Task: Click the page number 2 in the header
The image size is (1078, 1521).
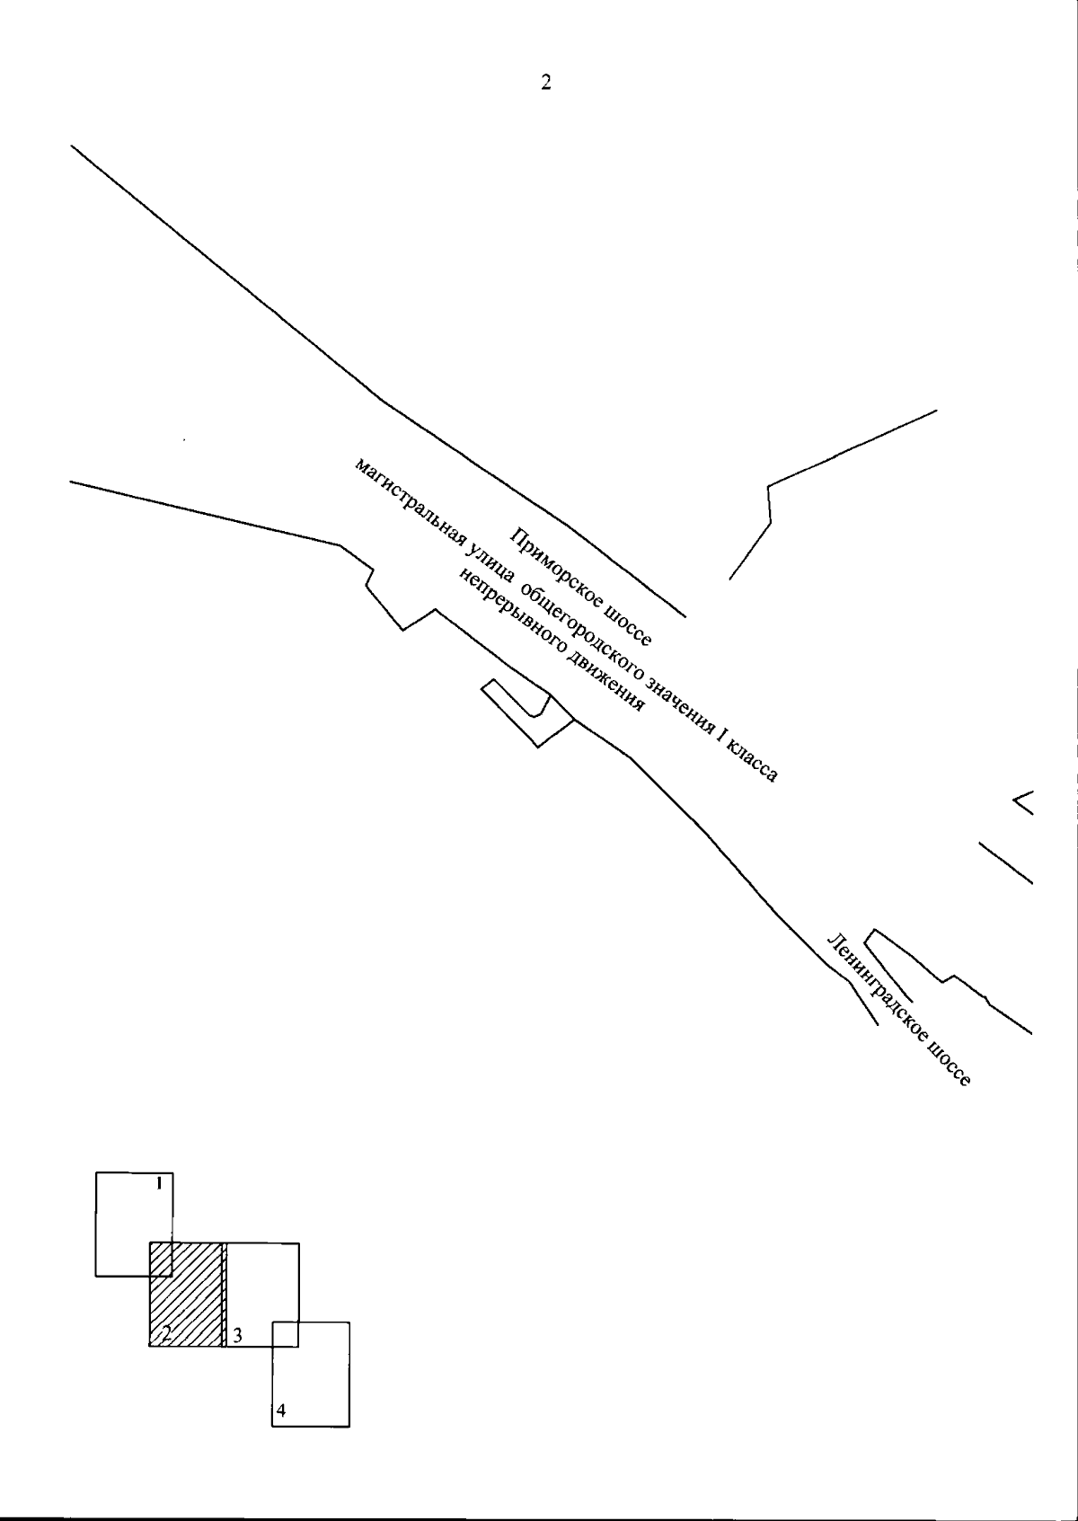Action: [x=546, y=82]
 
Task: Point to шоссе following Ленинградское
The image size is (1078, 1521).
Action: [x=949, y=1062]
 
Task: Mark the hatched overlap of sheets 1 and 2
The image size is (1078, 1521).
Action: [x=161, y=1260]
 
